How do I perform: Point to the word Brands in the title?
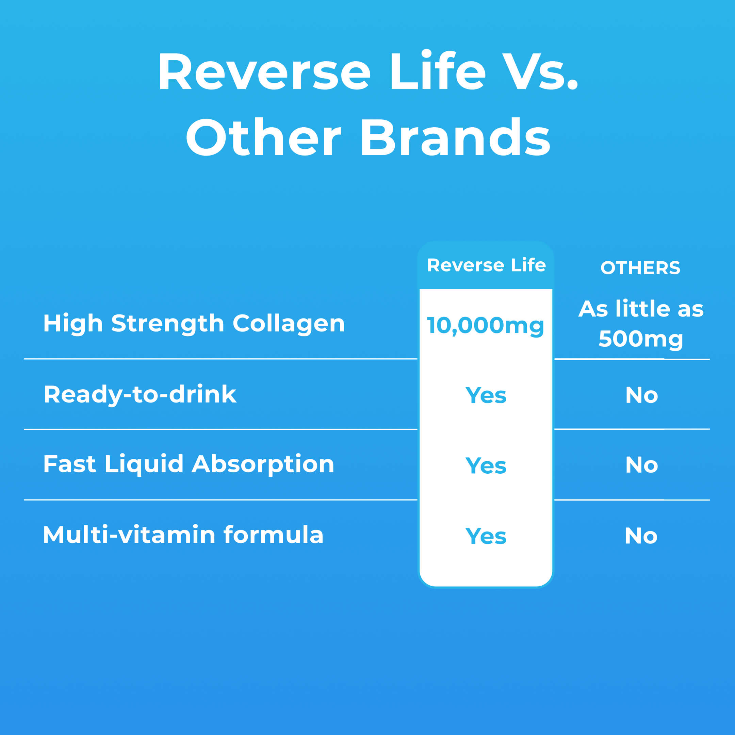[x=455, y=137]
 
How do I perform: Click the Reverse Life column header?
[x=486, y=265]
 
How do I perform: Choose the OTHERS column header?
[x=640, y=268]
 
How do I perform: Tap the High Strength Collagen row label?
[x=194, y=324]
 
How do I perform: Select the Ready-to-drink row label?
[x=140, y=394]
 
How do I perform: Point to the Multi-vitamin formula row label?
[x=183, y=535]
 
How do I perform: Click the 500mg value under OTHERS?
[x=641, y=339]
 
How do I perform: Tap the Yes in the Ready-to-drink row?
[x=486, y=395]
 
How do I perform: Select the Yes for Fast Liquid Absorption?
[x=486, y=465]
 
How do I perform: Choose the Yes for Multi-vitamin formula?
[x=486, y=536]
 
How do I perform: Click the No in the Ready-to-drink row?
[x=641, y=395]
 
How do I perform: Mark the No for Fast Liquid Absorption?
[x=641, y=465]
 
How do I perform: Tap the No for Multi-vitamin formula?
[x=641, y=536]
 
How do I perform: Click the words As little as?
[x=641, y=309]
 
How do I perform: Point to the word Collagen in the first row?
[x=288, y=324]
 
